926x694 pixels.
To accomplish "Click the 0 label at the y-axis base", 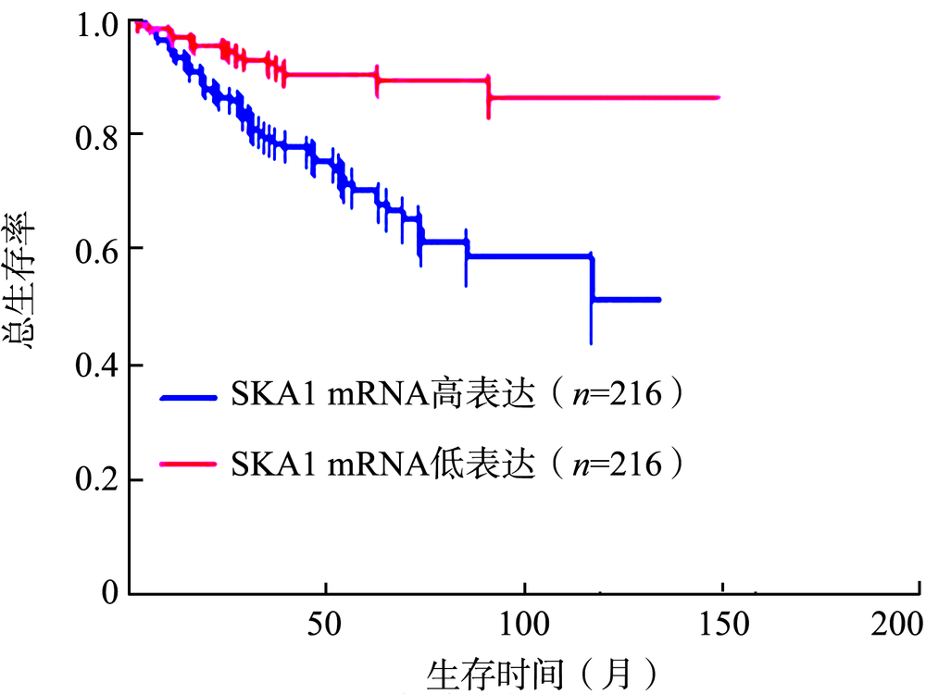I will [110, 591].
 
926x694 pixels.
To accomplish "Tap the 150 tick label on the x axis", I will [720, 624].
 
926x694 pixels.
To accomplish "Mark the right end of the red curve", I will [719, 97].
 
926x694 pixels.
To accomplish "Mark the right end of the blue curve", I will [658, 300].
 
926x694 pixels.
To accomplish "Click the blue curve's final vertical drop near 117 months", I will [592, 278].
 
